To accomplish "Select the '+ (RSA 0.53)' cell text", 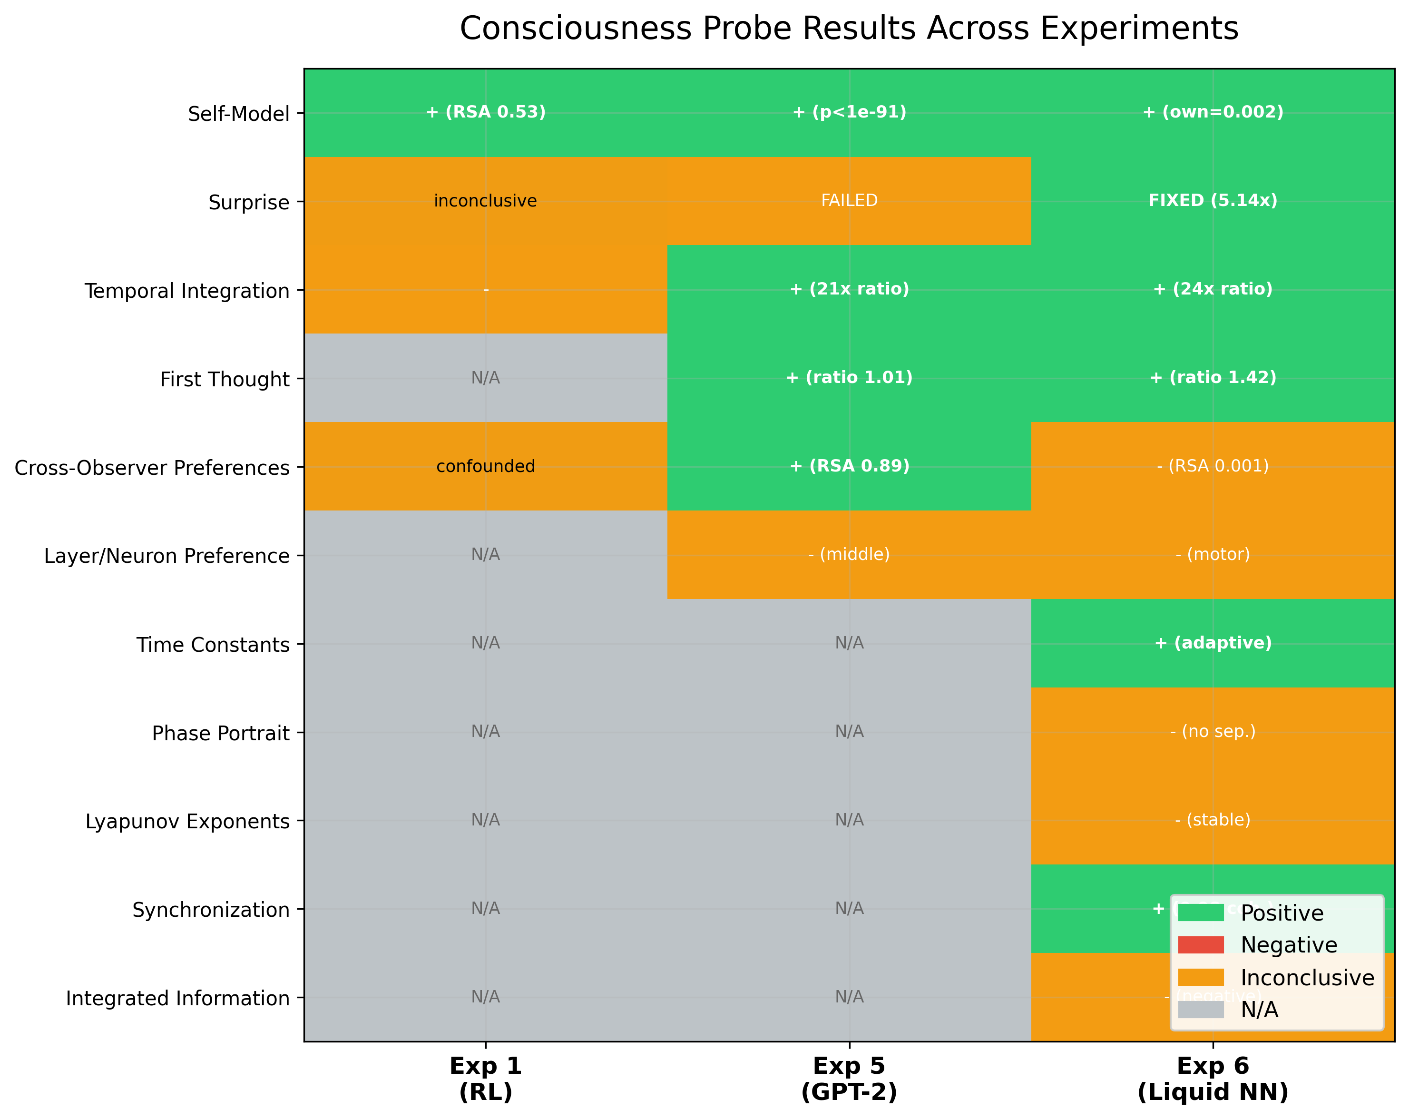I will [x=486, y=112].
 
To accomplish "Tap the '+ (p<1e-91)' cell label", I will [x=849, y=112].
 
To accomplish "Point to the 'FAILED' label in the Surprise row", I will [x=849, y=201].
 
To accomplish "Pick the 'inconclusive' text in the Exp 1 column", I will [x=486, y=201].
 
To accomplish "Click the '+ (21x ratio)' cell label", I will [x=849, y=289].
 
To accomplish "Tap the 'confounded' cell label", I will [x=486, y=466].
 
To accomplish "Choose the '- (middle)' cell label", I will [x=849, y=555].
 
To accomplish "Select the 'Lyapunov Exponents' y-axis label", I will [x=187, y=822].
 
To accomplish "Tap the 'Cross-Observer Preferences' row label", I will [x=152, y=468].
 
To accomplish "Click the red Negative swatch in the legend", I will [x=1201, y=945].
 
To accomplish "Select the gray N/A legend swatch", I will [x=1201, y=1010].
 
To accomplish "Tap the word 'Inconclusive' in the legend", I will [x=1307, y=978].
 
